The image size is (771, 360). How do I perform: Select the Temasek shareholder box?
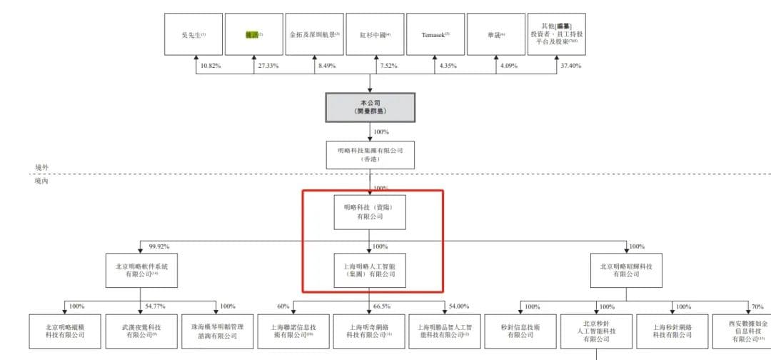pyautogui.click(x=435, y=34)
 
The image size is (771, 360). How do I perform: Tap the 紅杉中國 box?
pyautogui.click(x=376, y=34)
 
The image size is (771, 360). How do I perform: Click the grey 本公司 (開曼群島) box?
pyautogui.click(x=370, y=107)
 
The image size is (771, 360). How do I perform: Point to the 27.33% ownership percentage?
pyautogui.click(x=266, y=66)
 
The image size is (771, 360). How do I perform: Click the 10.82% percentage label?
pyautogui.click(x=211, y=66)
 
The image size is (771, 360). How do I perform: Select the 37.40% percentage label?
pyautogui.click(x=571, y=66)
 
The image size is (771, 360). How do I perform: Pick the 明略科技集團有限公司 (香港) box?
pyautogui.click(x=370, y=154)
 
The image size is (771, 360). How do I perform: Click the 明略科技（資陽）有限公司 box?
pyautogui.click(x=370, y=212)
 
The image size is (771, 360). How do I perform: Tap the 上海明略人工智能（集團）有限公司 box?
pyautogui.click(x=370, y=269)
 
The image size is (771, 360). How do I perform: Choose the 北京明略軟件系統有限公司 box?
pyautogui.click(x=141, y=269)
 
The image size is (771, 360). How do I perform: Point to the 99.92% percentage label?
pyautogui.click(x=158, y=246)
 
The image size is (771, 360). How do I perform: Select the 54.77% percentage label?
pyautogui.click(x=155, y=306)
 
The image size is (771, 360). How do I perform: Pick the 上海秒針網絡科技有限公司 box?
pyautogui.click(x=672, y=330)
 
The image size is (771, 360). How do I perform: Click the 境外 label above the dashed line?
pyautogui.click(x=43, y=167)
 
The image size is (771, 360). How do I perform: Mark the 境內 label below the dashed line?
pyautogui.click(x=43, y=181)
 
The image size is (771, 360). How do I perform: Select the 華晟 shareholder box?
pyautogui.click(x=497, y=34)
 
